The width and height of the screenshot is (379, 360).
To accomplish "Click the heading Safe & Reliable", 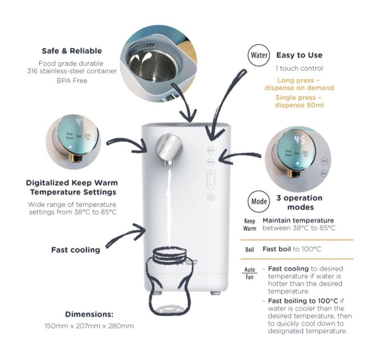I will [72, 51].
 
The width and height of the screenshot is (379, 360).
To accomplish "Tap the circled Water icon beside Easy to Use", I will [259, 55].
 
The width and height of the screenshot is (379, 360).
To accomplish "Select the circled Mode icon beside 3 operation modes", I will [259, 201].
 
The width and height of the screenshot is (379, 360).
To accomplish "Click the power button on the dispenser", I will [211, 197].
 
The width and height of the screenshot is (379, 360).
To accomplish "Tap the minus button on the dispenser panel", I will [211, 184].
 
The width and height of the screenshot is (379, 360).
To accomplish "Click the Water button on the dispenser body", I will [211, 150].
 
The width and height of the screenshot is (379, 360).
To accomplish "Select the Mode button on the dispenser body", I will [211, 162].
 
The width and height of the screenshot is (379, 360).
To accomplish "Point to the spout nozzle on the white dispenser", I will [169, 163].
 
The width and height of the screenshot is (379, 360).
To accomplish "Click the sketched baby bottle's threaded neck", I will [169, 254].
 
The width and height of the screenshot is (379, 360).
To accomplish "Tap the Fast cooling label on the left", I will [75, 250].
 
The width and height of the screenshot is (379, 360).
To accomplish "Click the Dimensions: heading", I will [89, 314].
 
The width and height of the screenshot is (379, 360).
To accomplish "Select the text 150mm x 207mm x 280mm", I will [89, 326].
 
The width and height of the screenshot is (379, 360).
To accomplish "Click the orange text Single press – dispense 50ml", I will [299, 101].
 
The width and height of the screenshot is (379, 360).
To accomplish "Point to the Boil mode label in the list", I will [250, 250].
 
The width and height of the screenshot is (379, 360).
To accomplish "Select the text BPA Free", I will [72, 81].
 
